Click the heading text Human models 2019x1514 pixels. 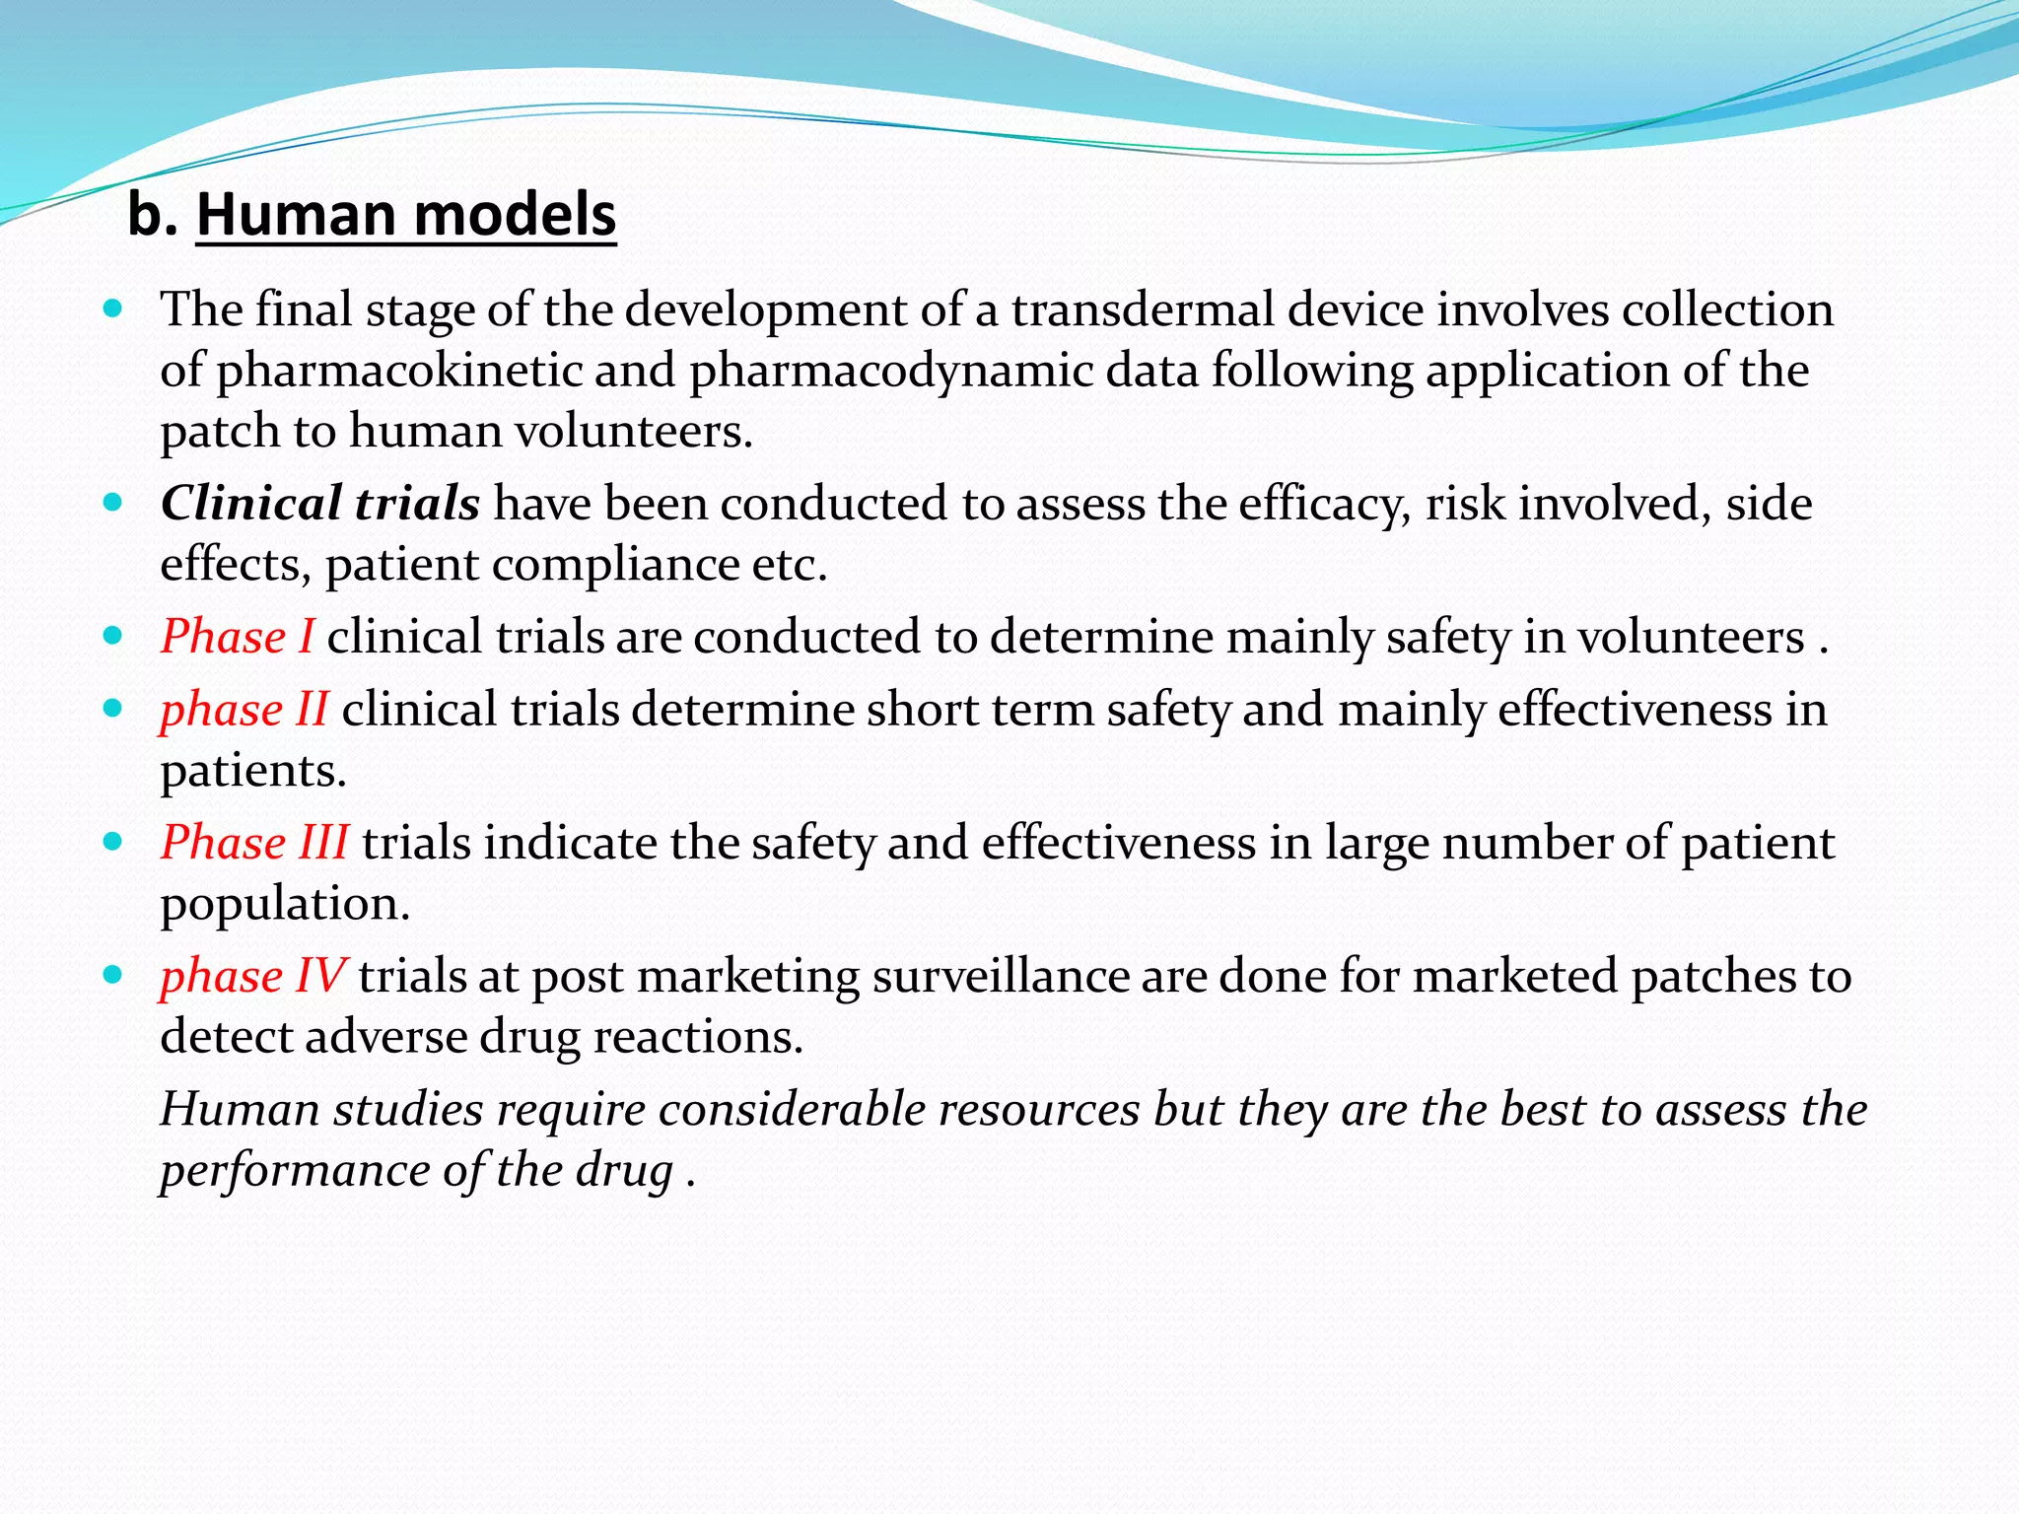click(x=406, y=215)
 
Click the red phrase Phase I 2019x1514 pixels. click(x=238, y=636)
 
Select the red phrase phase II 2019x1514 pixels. click(x=244, y=710)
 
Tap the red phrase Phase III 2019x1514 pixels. click(x=254, y=843)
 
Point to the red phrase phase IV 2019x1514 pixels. click(x=252, y=976)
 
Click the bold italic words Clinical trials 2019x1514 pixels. click(x=320, y=504)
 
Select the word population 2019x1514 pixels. click(x=285, y=904)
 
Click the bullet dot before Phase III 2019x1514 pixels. click(x=112, y=842)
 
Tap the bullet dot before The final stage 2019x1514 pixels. click(x=112, y=309)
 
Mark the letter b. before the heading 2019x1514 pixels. click(x=153, y=215)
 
